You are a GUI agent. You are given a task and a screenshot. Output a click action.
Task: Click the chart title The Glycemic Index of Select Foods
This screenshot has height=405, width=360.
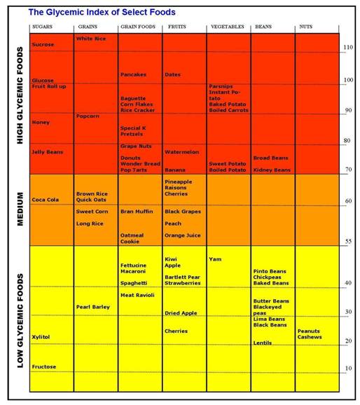pos(102,12)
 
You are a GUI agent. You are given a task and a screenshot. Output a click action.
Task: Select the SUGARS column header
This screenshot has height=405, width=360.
pos(42,27)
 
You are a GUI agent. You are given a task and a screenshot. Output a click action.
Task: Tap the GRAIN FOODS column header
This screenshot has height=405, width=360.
pos(138,27)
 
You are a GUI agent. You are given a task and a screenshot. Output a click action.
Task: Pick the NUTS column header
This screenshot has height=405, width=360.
pos(306,27)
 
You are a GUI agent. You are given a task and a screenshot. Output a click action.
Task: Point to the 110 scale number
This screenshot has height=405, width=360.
pos(348,47)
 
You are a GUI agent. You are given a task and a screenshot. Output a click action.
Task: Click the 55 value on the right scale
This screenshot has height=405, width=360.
pos(348,241)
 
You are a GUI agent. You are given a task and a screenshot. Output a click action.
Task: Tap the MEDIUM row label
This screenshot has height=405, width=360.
pos(20,209)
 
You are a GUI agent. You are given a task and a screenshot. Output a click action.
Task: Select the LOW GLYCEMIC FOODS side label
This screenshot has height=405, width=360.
pos(20,320)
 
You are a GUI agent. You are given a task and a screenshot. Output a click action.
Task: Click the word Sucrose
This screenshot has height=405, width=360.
pos(43,44)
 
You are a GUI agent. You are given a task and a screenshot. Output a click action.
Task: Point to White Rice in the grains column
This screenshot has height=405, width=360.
pos(91,39)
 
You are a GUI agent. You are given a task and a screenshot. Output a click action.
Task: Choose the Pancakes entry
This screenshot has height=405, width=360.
pos(133,74)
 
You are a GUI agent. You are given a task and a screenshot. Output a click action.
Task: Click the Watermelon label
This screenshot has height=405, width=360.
pos(182,152)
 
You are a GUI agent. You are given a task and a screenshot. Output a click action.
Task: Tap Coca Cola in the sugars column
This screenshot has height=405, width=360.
pos(46,200)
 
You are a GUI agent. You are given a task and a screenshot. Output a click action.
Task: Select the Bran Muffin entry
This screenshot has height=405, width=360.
pos(137,212)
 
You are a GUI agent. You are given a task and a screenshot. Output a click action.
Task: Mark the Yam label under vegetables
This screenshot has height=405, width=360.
pos(215,259)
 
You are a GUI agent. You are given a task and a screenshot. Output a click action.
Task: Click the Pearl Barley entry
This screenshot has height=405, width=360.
pos(93,307)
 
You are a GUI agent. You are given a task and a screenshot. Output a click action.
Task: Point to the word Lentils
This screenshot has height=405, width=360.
pos(263,343)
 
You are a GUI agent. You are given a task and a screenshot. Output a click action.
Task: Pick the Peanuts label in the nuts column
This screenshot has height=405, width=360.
pos(309,331)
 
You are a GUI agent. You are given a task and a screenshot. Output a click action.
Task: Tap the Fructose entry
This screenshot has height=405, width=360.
pos(44,366)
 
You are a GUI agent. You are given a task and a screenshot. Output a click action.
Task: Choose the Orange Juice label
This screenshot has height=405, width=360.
pos(183,235)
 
